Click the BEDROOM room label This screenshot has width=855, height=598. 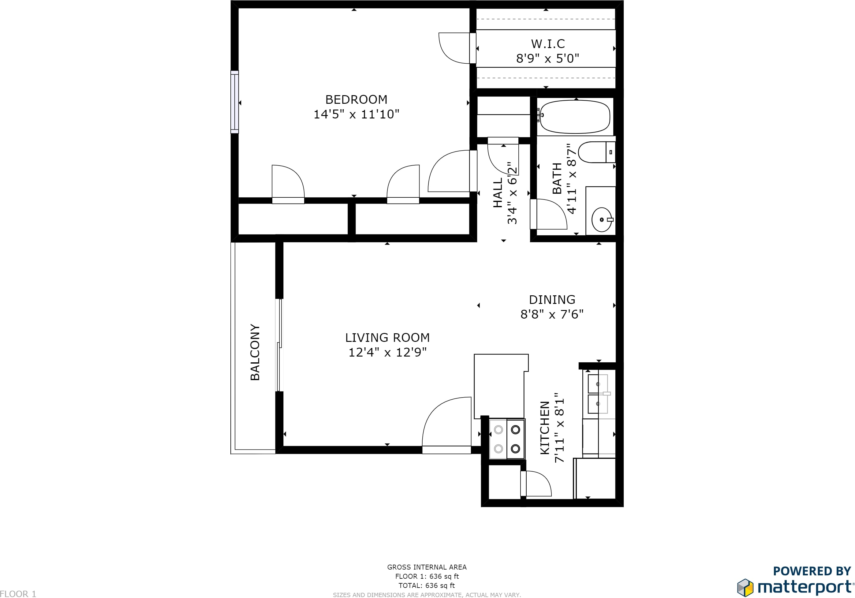(x=357, y=99)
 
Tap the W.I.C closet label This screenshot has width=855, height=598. (x=548, y=44)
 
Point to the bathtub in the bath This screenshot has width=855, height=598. (x=575, y=117)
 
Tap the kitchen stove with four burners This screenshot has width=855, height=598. (x=507, y=439)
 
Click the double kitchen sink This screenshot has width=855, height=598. (x=598, y=394)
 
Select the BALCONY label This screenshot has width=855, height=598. (x=255, y=352)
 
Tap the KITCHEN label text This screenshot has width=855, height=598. (x=545, y=428)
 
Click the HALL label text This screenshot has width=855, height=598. (x=498, y=192)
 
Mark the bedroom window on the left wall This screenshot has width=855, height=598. (x=235, y=102)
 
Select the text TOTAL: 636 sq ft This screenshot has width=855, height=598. (x=427, y=585)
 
